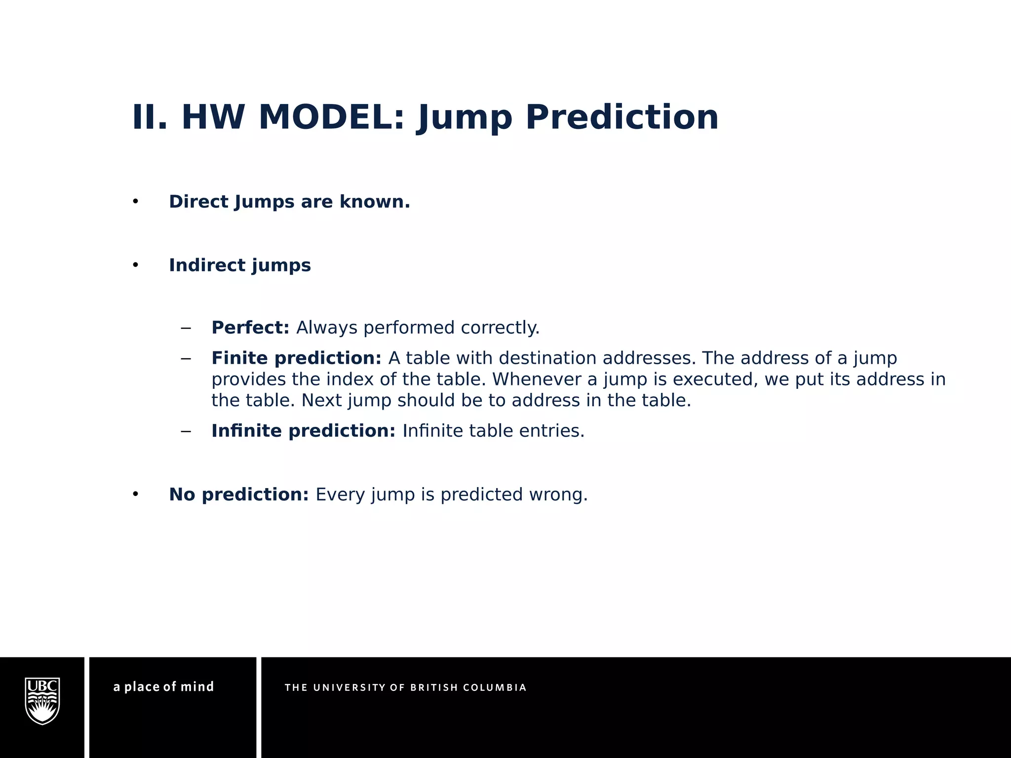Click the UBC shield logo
pyautogui.click(x=42, y=701)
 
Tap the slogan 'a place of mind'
pyautogui.click(x=163, y=687)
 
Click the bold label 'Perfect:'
pyautogui.click(x=250, y=328)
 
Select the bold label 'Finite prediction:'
pyautogui.click(x=296, y=358)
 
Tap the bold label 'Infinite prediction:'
pyautogui.click(x=303, y=431)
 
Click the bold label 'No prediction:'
pyautogui.click(x=239, y=494)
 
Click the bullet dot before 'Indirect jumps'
pyautogui.click(x=135, y=265)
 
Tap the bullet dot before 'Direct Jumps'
pyautogui.click(x=135, y=202)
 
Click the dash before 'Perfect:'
pyautogui.click(x=186, y=328)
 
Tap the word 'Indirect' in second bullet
pyautogui.click(x=207, y=265)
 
